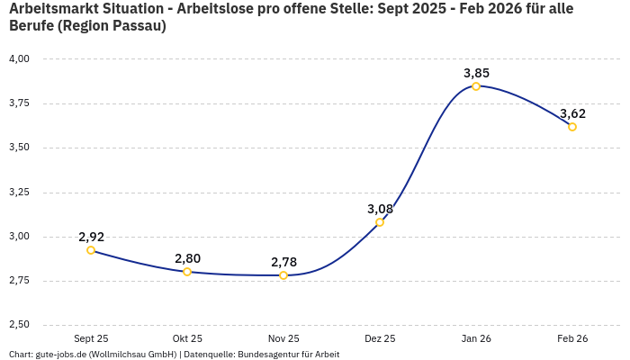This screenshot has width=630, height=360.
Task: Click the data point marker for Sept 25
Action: point(91,250)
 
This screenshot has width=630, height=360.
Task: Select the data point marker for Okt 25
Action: point(187,272)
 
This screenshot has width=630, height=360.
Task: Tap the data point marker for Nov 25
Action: point(283,275)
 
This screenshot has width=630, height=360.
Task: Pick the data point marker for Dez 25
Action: point(380,222)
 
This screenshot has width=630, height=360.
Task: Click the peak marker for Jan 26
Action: point(476,86)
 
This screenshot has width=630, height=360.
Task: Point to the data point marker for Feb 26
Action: point(572,127)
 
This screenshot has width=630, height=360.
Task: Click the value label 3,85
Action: point(476,73)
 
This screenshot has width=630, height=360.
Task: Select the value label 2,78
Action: point(283,262)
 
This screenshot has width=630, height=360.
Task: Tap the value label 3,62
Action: point(572,113)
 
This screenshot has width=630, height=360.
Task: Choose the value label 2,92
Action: point(91,237)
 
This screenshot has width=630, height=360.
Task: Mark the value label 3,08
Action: point(380,209)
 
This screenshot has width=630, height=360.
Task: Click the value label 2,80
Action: point(187,258)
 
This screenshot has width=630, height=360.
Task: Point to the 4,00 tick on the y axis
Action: point(19,58)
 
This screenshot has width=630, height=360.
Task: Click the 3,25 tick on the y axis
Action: point(19,192)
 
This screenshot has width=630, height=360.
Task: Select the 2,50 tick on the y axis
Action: point(19,324)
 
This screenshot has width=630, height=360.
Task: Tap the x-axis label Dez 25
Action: point(380,338)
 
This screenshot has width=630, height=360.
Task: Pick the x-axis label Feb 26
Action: point(572,338)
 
